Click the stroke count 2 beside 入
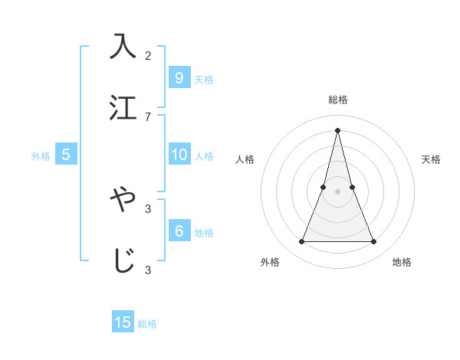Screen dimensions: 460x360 pyautogui.click(x=148, y=55)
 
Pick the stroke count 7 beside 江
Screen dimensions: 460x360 pyautogui.click(x=148, y=116)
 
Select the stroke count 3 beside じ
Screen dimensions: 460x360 pyautogui.click(x=148, y=269)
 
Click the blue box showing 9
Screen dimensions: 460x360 pyautogui.click(x=179, y=77)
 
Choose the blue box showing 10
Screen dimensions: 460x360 pyautogui.click(x=179, y=155)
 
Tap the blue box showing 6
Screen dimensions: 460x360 pyautogui.click(x=179, y=231)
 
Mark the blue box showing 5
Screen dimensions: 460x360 pyautogui.click(x=66, y=155)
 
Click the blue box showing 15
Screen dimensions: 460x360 pyautogui.click(x=123, y=322)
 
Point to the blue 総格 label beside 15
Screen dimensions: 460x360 pyautogui.click(x=147, y=324)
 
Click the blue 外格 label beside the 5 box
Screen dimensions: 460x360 pyautogui.click(x=41, y=156)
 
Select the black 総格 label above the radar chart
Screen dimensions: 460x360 pyautogui.click(x=338, y=100)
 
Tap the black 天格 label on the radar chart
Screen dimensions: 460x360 pyautogui.click(x=431, y=159)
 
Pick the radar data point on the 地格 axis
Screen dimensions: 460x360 pyautogui.click(x=374, y=242)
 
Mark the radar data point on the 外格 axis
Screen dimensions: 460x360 pyautogui.click(x=301, y=242)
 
